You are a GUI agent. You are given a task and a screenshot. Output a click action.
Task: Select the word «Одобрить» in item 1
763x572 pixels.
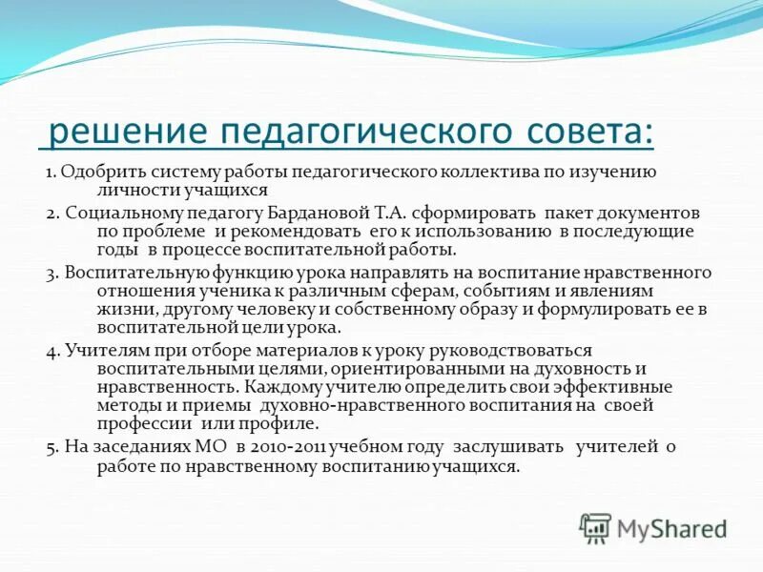click(x=95, y=173)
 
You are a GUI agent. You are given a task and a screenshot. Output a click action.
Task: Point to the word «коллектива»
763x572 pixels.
click(x=489, y=173)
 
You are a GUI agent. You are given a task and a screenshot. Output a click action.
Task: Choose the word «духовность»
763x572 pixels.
click(x=560, y=369)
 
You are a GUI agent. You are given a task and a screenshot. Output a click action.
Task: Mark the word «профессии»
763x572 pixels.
click(x=144, y=424)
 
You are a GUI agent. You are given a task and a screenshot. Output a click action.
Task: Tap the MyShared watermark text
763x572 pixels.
click(x=671, y=527)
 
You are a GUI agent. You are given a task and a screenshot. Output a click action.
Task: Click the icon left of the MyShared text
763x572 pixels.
click(x=595, y=527)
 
